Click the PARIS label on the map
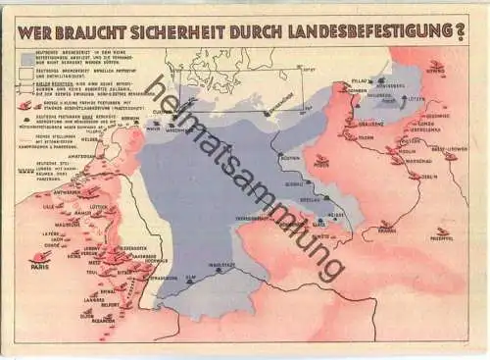click(x=40, y=267)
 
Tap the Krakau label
click(x=388, y=229)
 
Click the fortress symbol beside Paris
click(x=42, y=257)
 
